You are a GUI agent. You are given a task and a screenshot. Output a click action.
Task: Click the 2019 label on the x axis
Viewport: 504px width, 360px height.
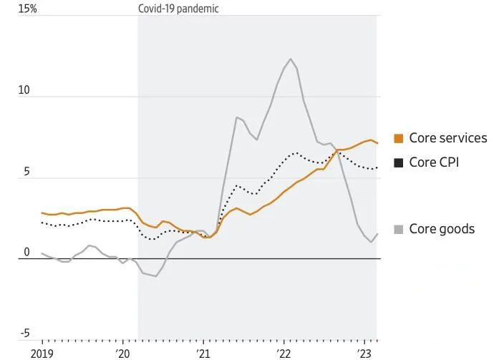[x=42, y=353]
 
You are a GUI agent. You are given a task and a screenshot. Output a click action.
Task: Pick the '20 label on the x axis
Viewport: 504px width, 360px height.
[x=122, y=353]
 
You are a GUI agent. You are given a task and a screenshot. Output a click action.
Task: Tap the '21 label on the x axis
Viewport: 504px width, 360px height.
[x=203, y=353]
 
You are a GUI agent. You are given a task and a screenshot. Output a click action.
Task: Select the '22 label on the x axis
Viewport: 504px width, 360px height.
[x=284, y=353]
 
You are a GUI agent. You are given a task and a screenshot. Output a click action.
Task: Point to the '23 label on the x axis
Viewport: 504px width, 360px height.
[x=365, y=353]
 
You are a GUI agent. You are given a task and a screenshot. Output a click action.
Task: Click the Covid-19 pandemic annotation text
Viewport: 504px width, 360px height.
[x=178, y=9]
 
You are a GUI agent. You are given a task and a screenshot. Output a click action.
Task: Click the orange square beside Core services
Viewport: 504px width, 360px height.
[x=399, y=139]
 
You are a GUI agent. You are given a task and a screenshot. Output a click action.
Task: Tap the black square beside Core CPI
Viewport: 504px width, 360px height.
[x=399, y=163]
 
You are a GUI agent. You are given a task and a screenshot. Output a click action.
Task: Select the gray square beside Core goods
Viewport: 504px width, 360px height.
[x=399, y=230]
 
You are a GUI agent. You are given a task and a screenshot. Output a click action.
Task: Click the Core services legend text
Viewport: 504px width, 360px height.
[x=447, y=138]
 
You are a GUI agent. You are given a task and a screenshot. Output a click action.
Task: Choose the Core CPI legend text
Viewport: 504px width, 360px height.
[x=434, y=162]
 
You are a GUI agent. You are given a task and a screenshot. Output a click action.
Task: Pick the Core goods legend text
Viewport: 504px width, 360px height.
[x=442, y=229]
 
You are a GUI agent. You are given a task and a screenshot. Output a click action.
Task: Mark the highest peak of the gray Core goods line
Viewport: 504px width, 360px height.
[x=291, y=59]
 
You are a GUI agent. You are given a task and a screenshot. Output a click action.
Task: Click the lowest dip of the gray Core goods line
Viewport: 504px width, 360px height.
[x=155, y=276]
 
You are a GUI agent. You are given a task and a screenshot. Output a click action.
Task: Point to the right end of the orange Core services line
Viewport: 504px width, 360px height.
[x=377, y=143]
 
